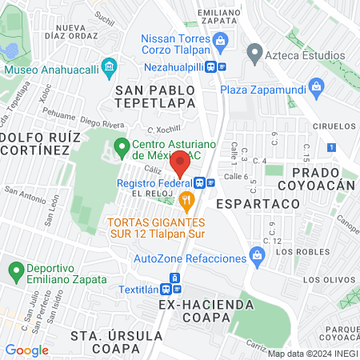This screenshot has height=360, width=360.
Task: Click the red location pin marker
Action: tap(181, 162)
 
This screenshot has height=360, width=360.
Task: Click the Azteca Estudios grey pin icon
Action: tap(255, 54)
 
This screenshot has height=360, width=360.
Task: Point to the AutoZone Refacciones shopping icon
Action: tap(257, 256)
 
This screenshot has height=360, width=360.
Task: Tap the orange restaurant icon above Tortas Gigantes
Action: tap(186, 199)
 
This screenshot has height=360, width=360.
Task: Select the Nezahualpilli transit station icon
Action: tap(222, 69)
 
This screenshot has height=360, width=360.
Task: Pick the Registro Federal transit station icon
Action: tap(202, 182)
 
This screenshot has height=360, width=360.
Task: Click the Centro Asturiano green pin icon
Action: tap(122, 147)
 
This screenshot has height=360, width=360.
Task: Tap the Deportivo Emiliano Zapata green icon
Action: tap(14, 270)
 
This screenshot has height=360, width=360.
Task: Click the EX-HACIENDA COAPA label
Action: tap(206, 305)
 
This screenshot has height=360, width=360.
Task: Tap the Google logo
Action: tap(27, 350)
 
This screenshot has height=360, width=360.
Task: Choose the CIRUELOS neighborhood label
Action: tap(334, 126)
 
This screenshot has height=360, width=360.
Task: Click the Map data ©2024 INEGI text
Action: tap(311, 353)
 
